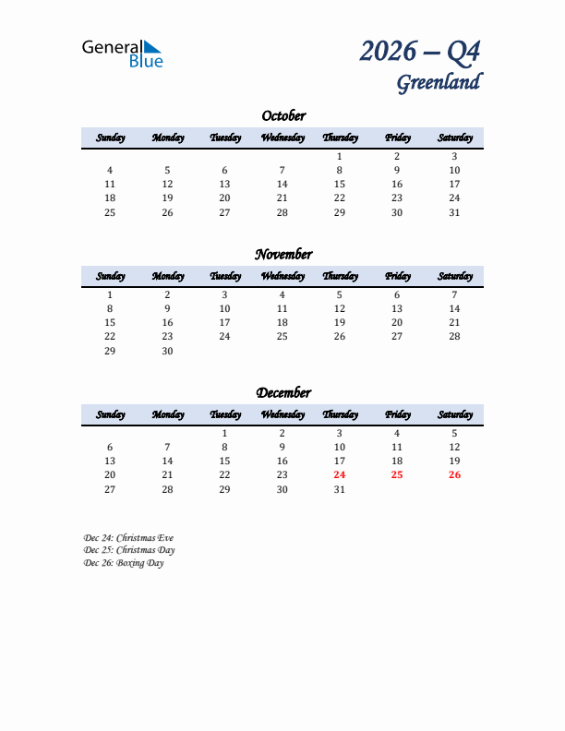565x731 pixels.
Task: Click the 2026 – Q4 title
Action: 420,51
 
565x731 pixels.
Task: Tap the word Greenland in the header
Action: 439,82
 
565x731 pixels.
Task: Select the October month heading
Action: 283,116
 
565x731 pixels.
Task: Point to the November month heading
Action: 283,255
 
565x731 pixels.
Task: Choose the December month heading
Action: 283,393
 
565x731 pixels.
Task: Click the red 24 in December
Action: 340,475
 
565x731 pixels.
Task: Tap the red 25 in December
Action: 397,475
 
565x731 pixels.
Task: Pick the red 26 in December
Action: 454,475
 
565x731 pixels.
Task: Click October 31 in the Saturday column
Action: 454,212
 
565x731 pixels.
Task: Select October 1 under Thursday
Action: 340,157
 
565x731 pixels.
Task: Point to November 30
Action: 167,351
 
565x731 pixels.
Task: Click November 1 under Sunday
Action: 110,295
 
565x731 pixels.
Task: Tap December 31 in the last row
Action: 340,489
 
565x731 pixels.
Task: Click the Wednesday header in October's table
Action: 282,138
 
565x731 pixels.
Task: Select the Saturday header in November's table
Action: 455,276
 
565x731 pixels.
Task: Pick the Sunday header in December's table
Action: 110,414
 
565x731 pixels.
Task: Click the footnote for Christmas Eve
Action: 128,537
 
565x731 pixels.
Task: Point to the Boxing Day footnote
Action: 124,563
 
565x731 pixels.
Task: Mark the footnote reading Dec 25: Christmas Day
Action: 129,550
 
